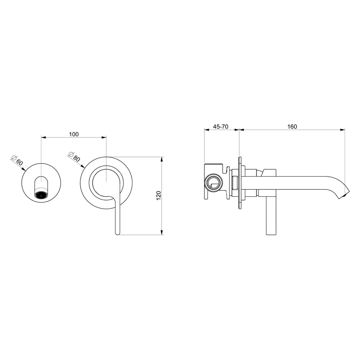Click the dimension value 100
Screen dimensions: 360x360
tap(73, 134)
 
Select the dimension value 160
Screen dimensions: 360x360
tap(292, 127)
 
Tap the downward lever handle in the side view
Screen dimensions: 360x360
tap(271, 216)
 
